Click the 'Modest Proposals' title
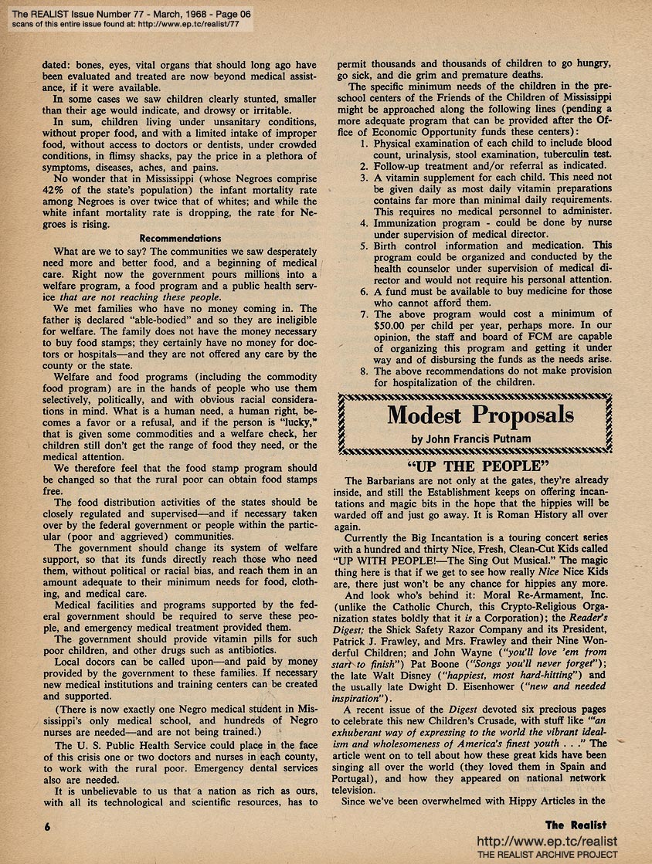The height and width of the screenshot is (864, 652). (x=481, y=415)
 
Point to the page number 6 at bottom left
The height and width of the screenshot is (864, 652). (x=47, y=825)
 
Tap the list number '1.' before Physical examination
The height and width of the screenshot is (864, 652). (x=365, y=144)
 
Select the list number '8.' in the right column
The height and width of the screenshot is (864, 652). (x=365, y=370)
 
